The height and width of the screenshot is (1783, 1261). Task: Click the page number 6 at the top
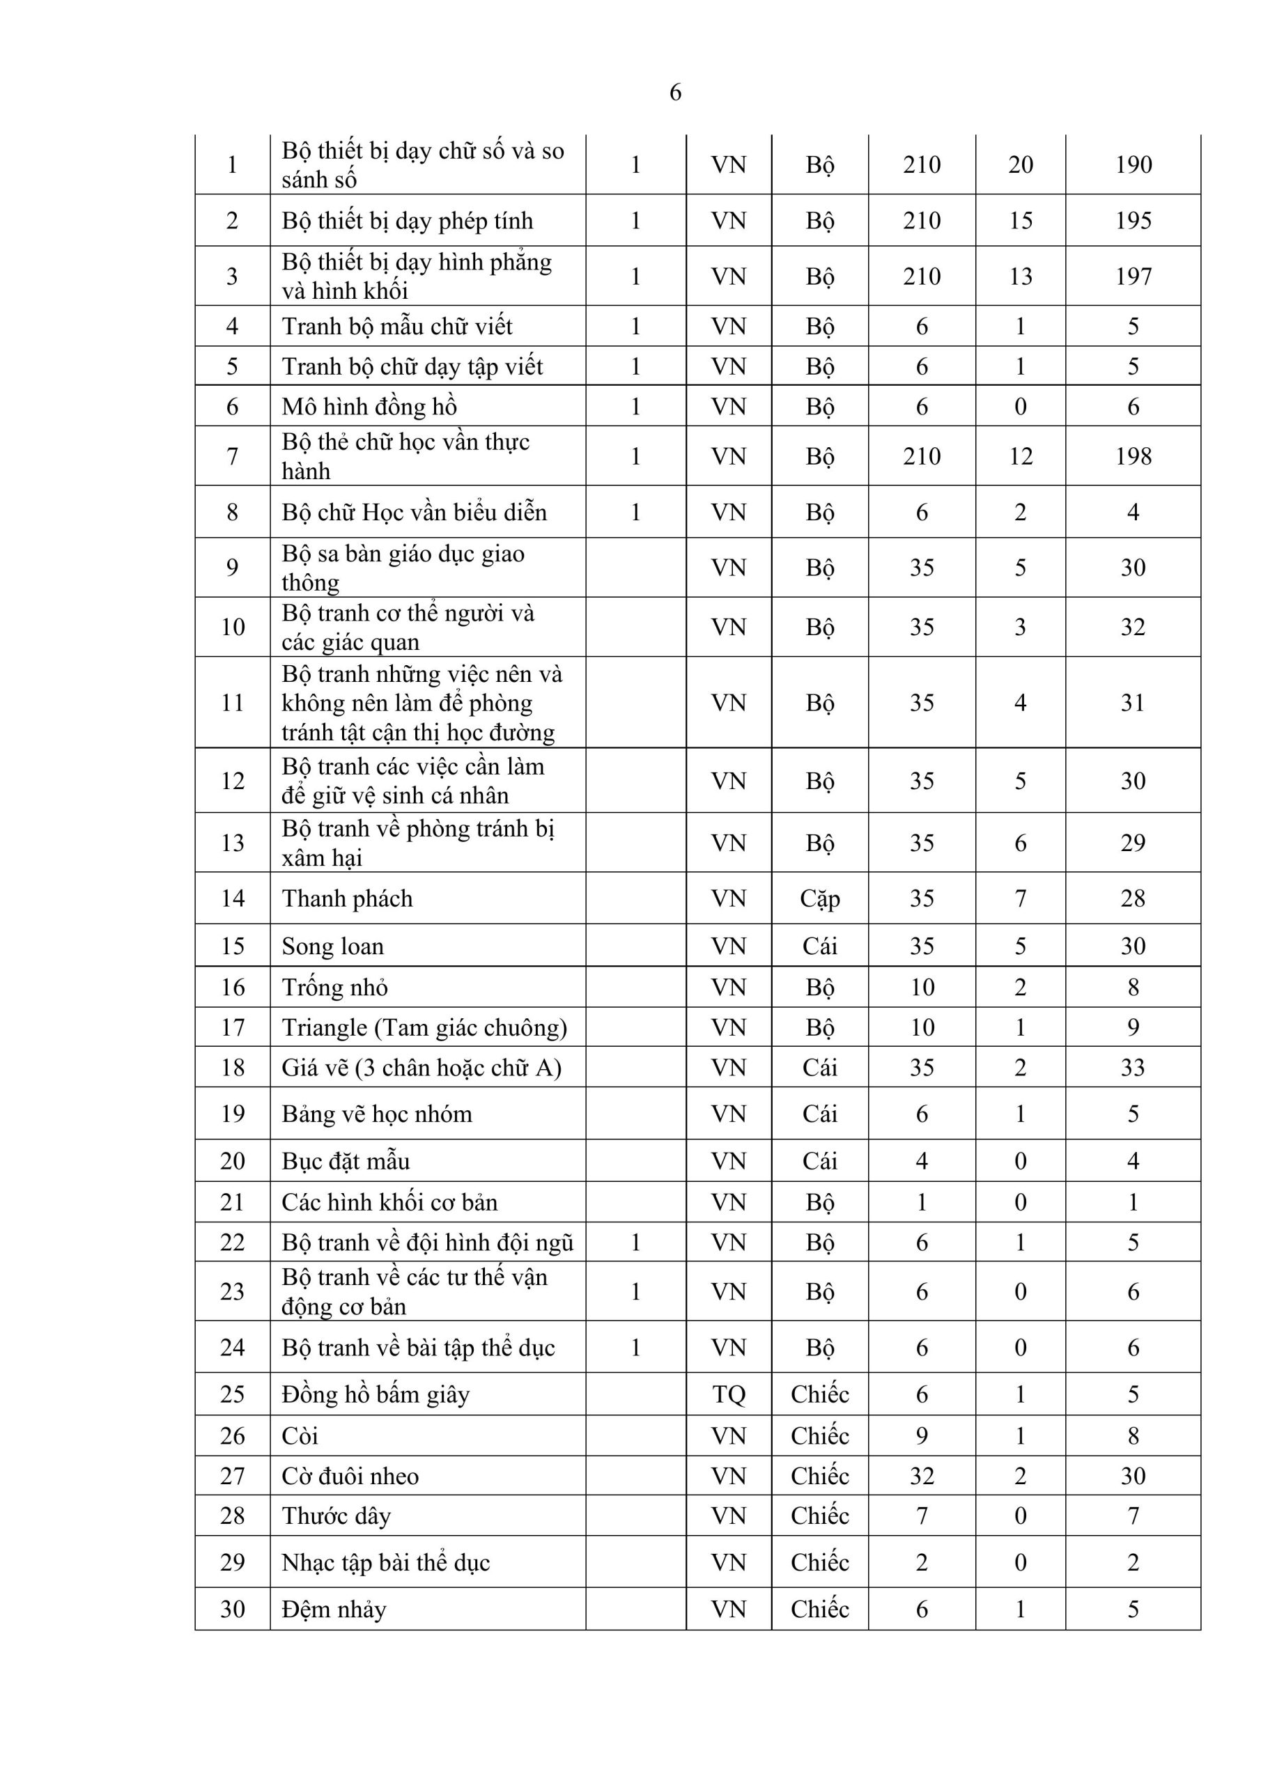[x=675, y=93]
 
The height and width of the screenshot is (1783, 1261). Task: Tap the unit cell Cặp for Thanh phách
[x=820, y=898]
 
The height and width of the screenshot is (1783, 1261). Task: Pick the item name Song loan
[x=332, y=946]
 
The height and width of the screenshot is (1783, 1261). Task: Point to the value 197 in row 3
[x=1133, y=277]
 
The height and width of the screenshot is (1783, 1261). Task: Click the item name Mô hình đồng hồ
[x=369, y=406]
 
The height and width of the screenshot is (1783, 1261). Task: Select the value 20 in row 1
[x=1020, y=164]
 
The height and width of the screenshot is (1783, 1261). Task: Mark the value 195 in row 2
[x=1133, y=221]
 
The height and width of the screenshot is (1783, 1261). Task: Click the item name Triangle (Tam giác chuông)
[x=424, y=1027]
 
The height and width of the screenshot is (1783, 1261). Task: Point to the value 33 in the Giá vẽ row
[x=1133, y=1067]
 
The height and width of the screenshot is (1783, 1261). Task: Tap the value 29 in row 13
[x=1133, y=843]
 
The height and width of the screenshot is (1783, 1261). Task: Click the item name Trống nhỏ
[x=334, y=987]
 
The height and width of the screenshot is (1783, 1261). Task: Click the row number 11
[x=232, y=703]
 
